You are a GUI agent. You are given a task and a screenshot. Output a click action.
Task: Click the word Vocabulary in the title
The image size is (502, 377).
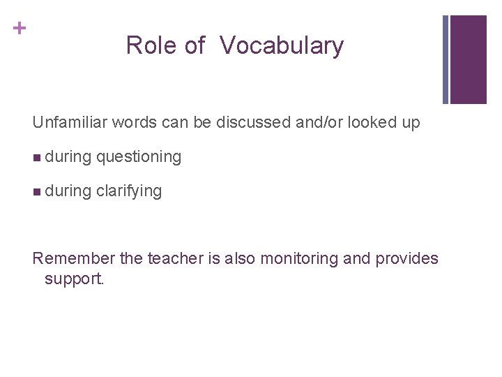(x=282, y=46)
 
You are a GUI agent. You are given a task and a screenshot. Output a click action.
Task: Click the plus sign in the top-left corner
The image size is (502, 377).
(x=21, y=28)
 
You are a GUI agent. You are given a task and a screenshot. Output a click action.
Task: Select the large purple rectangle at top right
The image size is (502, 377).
(x=468, y=59)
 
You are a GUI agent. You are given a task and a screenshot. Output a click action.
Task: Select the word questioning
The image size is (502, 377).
(x=139, y=157)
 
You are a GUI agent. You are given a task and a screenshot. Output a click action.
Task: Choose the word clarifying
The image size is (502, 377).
(x=129, y=191)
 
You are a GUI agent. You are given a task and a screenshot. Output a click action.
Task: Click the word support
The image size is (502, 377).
(x=74, y=280)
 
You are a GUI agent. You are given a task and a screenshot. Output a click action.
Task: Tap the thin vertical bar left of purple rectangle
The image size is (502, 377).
(x=446, y=59)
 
